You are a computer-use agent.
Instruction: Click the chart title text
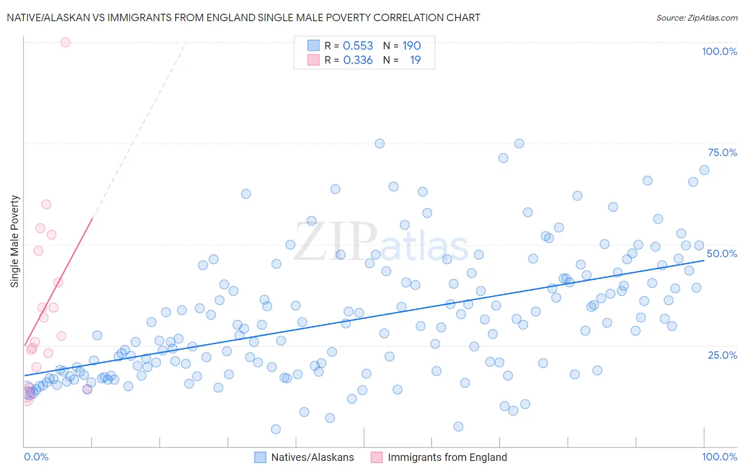click(243, 17)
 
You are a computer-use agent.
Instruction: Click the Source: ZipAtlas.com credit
click(696, 18)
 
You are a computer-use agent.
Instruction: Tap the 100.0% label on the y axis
click(719, 51)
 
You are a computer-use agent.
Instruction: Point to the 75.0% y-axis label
click(722, 152)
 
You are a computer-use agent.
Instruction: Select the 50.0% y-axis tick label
click(722, 253)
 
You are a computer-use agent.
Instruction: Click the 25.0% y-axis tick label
click(722, 355)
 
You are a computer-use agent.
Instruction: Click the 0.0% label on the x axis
click(36, 457)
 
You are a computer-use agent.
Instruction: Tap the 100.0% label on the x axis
click(719, 457)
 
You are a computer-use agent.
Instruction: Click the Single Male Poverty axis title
click(15, 241)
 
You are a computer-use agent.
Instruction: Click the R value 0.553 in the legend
click(358, 46)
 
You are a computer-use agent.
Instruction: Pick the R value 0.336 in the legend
click(358, 60)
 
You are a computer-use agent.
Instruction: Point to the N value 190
click(411, 46)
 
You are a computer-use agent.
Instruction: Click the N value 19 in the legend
click(415, 60)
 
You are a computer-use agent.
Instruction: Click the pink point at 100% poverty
click(66, 42)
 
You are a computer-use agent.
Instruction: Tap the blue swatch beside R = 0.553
click(313, 46)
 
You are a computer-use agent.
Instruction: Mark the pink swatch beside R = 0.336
click(313, 60)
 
